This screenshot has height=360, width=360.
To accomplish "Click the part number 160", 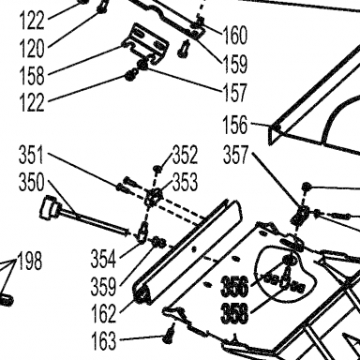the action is (234, 35).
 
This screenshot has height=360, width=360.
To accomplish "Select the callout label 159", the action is (234, 64).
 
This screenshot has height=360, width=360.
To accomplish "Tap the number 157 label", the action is (234, 92).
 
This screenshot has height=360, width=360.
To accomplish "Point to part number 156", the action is (234, 124).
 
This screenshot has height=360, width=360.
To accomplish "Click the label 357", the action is (235, 155).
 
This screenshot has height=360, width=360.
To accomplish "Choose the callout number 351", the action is (32, 155).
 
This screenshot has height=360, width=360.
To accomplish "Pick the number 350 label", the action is (32, 182).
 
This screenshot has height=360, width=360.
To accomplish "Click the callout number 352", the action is (185, 155).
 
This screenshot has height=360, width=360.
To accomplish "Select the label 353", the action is (185, 182).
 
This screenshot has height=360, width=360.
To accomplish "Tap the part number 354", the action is (103, 259).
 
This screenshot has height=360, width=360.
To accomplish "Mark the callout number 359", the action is (103, 286).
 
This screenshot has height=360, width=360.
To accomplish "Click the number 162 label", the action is (103, 313).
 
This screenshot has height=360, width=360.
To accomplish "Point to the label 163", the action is (103, 340).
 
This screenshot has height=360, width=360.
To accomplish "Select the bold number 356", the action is (234, 286).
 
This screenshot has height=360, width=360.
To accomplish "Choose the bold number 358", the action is (234, 313).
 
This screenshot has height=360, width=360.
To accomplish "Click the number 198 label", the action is (29, 261).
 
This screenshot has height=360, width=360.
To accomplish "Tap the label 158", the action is (32, 76).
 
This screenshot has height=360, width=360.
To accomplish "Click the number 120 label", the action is (32, 49).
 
